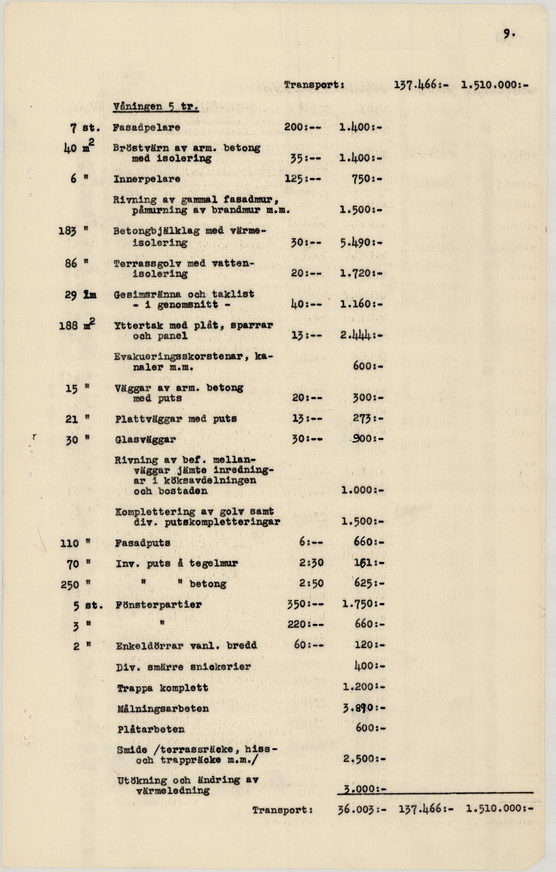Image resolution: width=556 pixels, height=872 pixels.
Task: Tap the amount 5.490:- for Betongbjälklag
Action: tap(360, 243)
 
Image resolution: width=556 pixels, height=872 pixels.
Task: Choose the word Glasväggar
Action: tap(145, 440)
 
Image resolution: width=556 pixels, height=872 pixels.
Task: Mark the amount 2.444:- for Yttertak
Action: tap(360, 336)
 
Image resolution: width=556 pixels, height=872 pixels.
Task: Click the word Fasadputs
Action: tap(142, 542)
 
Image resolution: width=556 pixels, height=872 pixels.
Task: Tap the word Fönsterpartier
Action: tap(158, 604)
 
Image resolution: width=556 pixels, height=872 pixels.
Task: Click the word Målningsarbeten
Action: tap(163, 708)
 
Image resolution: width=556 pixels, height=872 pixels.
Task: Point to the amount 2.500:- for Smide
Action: tap(361, 759)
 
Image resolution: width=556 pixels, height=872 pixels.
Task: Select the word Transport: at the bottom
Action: tap(283, 808)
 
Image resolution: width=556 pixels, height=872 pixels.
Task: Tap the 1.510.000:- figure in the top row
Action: tap(493, 84)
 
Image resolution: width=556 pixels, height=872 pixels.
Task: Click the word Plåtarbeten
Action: tap(150, 728)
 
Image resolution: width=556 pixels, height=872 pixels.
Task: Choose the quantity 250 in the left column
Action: tap(70, 584)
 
